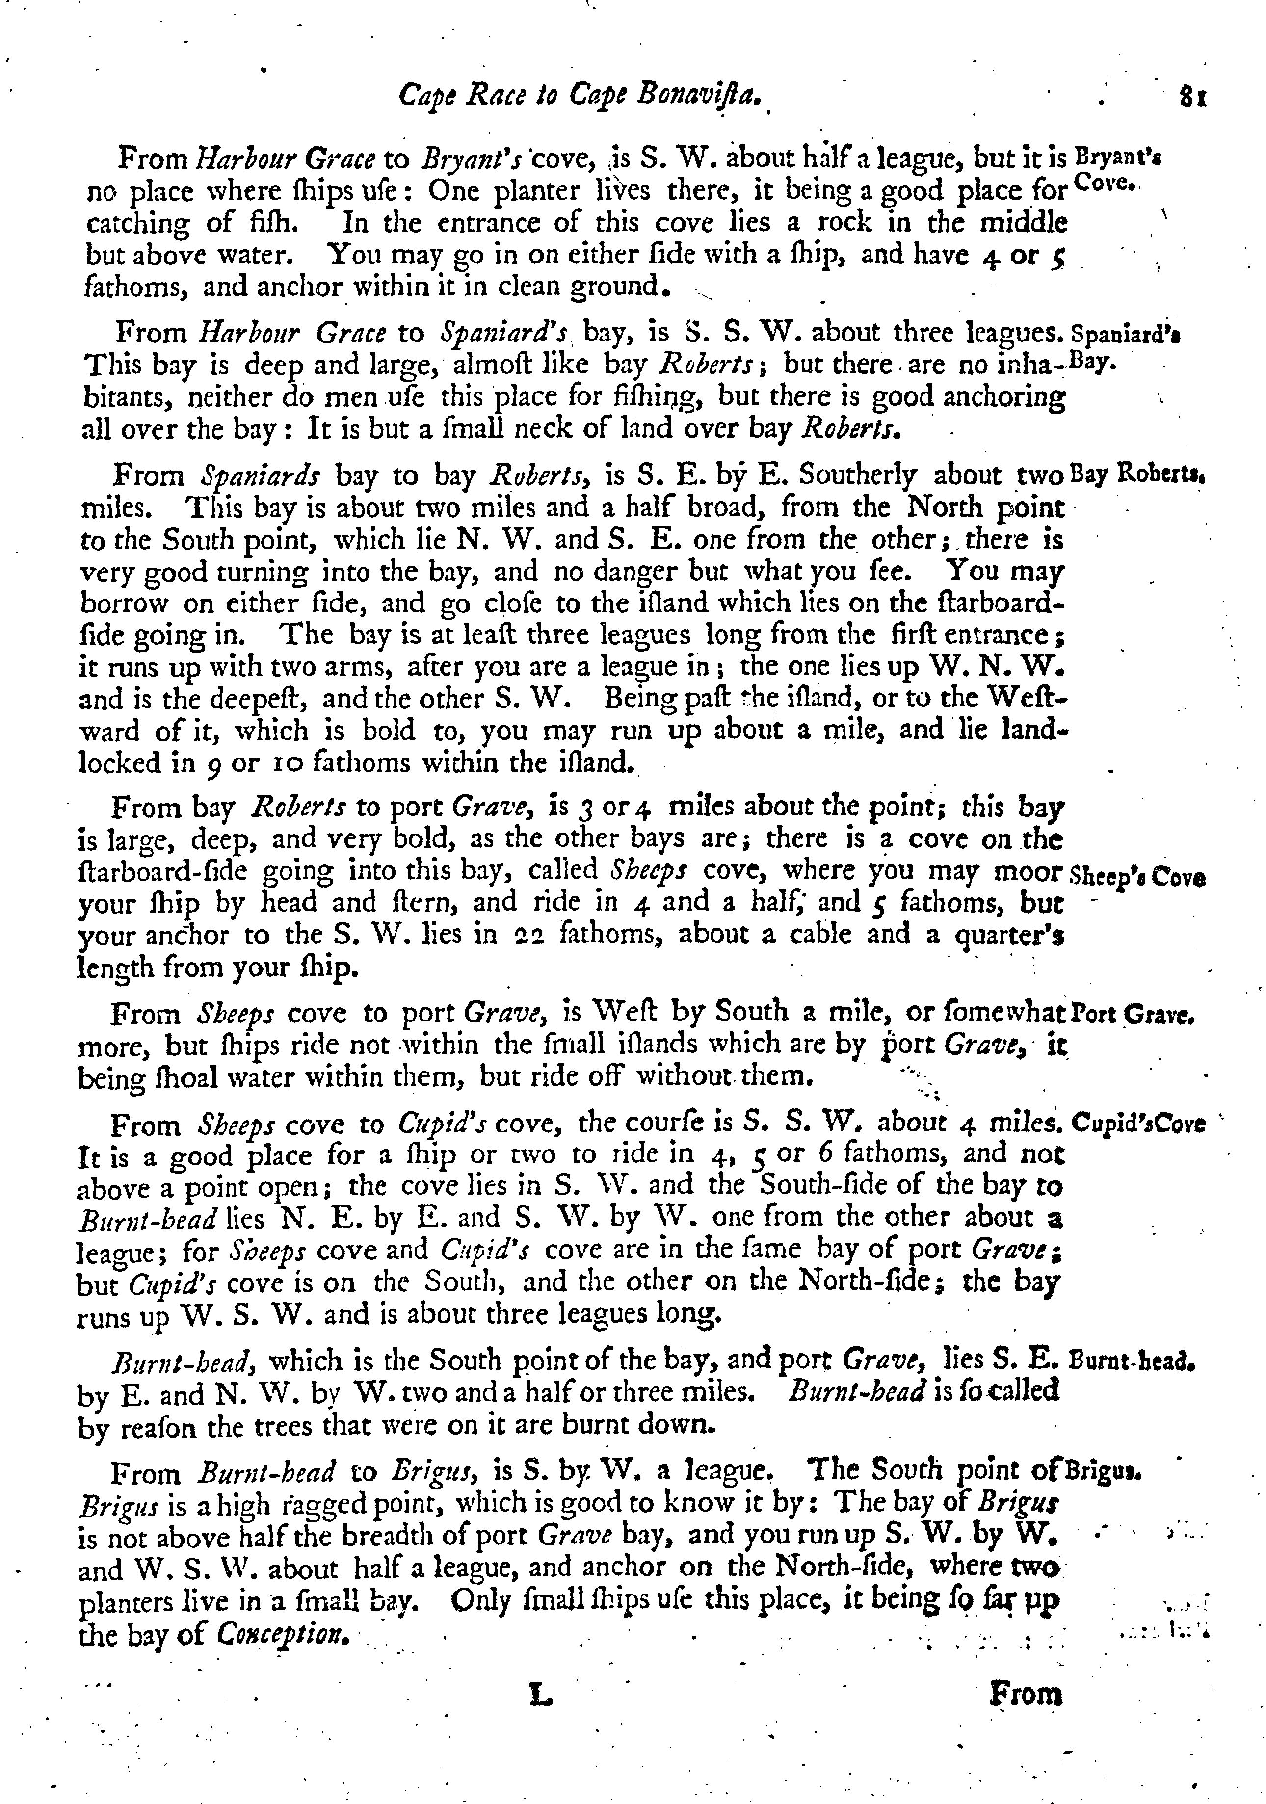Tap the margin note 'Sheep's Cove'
click(x=1138, y=875)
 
